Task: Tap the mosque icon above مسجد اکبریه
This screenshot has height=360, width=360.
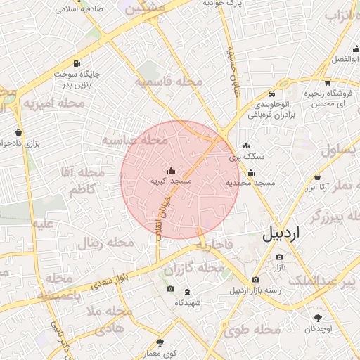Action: pos(170,170)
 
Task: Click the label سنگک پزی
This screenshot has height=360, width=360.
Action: pos(244,156)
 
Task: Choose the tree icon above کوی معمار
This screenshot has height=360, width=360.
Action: pos(160,343)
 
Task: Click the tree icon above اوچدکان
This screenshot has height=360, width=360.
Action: pos(318,318)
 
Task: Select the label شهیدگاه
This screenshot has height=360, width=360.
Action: pos(188,302)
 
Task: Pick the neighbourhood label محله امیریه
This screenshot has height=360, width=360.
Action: pos(53,104)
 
